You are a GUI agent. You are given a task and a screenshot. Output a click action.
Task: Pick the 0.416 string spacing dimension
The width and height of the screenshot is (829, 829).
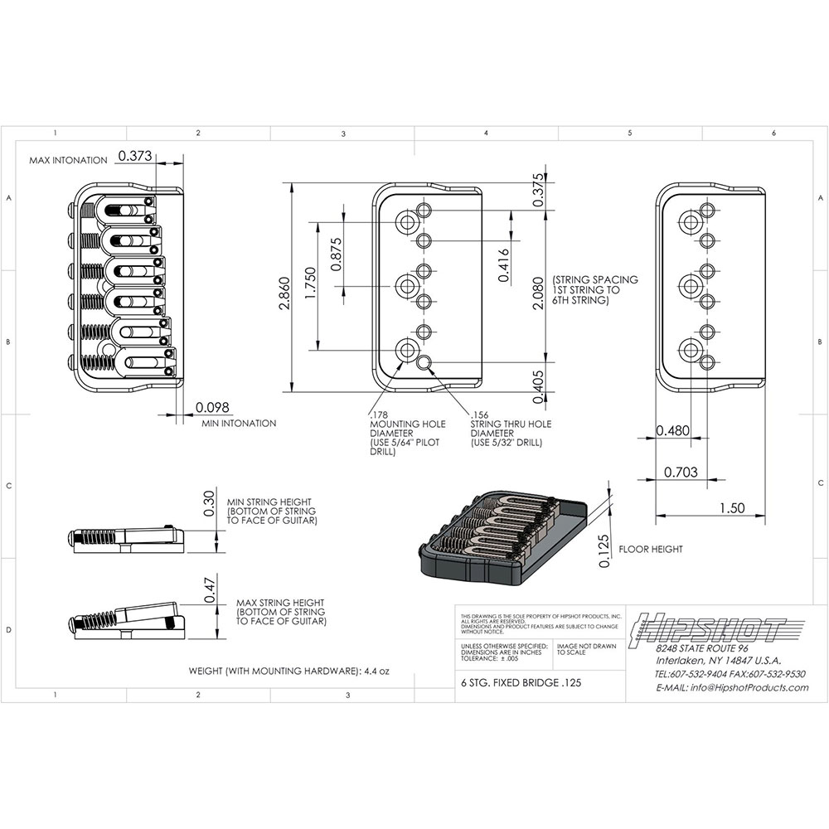point(504,266)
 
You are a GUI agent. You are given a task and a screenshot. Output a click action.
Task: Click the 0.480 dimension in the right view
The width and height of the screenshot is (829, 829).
point(672,430)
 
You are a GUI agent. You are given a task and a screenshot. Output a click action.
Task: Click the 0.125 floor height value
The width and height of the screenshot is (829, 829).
point(604,550)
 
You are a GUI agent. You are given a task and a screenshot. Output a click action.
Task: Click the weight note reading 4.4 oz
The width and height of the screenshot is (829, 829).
point(289,671)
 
